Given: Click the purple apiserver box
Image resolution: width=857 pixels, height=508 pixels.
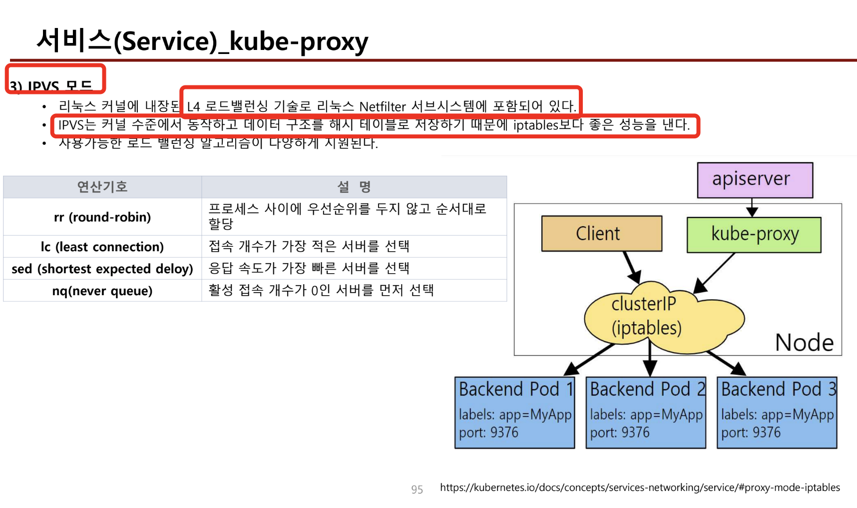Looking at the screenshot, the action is (755, 180).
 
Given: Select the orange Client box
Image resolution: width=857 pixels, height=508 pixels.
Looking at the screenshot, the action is (601, 233).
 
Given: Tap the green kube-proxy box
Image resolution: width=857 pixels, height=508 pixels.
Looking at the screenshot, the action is (754, 234).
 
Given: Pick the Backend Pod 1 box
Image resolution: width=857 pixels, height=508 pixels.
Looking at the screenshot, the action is (514, 412).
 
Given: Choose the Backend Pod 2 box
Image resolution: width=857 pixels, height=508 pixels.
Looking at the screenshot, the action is (646, 412).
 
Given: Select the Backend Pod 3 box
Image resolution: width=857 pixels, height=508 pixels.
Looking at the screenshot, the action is (777, 412).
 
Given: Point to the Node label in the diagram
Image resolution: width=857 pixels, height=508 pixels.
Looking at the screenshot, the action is (804, 343).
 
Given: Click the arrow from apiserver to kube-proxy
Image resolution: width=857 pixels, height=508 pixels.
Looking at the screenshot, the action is (752, 207).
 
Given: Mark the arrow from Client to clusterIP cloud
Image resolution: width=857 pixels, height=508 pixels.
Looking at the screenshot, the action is (631, 267).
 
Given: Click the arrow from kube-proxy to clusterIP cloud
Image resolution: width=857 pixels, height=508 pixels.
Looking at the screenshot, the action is (715, 273).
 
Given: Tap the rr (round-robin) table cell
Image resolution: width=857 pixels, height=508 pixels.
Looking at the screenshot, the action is (102, 217).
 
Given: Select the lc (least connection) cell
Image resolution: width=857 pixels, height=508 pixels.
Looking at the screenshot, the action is (102, 247).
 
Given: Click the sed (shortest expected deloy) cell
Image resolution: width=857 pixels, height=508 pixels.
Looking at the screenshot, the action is (102, 269).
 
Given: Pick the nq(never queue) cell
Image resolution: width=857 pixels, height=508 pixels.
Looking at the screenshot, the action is (102, 291).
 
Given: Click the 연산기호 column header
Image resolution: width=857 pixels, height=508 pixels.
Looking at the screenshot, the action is (102, 187).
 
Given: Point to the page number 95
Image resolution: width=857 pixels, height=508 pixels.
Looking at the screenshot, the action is (417, 490).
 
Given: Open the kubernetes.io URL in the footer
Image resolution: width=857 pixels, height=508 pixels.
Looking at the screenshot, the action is (640, 488).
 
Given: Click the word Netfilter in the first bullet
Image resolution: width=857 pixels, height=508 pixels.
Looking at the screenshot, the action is (383, 107).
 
